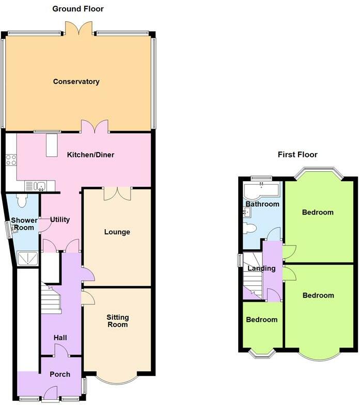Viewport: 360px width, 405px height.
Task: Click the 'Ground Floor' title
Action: tap(78, 9)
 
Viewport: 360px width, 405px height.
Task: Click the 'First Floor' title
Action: tap(298, 154)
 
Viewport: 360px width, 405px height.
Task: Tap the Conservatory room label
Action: tap(76, 82)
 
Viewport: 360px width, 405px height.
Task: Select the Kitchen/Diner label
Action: tap(91, 155)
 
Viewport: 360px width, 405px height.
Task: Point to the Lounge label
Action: tap(117, 232)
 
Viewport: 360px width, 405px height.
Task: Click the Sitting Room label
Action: tap(117, 321)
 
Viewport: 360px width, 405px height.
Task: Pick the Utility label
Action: tap(60, 220)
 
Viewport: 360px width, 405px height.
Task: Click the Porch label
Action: tap(60, 374)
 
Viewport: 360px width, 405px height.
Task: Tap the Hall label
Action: tap(60, 337)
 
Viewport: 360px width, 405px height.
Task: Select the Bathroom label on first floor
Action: tap(262, 204)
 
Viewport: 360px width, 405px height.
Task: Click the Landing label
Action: tap(261, 268)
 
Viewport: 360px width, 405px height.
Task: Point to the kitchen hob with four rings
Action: tap(10, 160)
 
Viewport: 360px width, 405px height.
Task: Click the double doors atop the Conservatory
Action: tap(79, 29)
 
